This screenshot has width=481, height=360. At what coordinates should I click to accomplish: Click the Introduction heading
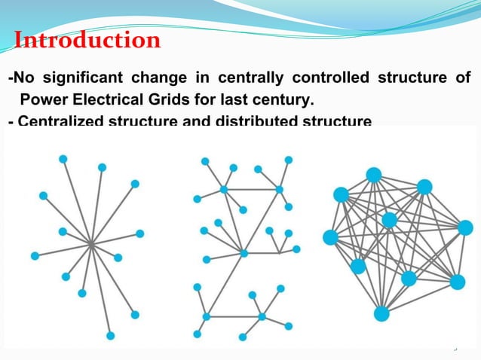click(87, 39)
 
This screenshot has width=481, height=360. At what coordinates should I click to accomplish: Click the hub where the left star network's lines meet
click(90, 244)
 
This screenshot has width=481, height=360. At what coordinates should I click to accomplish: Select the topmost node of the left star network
click(63, 159)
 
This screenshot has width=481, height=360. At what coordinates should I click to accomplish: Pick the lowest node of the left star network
click(111, 335)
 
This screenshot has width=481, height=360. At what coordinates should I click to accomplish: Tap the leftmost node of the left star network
click(35, 256)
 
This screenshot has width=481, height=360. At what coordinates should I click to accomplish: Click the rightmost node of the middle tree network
click(296, 249)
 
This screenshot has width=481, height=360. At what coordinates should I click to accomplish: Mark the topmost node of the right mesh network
click(373, 175)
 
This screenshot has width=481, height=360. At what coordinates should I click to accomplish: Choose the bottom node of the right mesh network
click(381, 313)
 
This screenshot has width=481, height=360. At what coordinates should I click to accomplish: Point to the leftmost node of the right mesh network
click(330, 237)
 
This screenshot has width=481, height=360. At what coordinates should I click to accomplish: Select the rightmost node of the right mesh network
click(464, 227)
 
